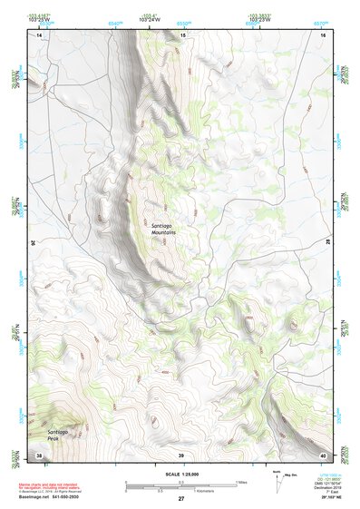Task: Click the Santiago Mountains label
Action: [x=163, y=229]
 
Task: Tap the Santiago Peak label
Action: [x=59, y=436]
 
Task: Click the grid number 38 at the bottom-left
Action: [x=38, y=455]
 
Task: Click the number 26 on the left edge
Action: [x=34, y=243]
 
